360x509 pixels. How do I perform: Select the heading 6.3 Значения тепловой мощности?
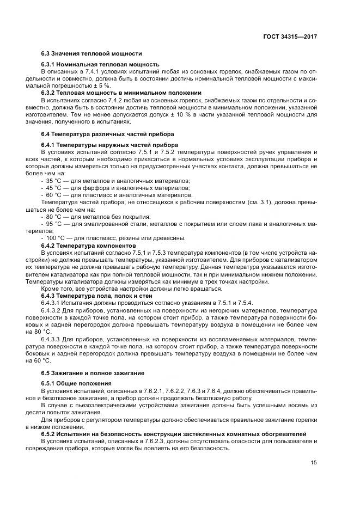(x=91, y=53)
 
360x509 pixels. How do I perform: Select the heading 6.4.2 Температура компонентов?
(x=88, y=246)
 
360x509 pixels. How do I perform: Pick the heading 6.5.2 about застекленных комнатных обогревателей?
(x=174, y=433)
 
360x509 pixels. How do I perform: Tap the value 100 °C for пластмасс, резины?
(x=56, y=237)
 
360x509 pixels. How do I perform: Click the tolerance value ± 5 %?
(x=102, y=86)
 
